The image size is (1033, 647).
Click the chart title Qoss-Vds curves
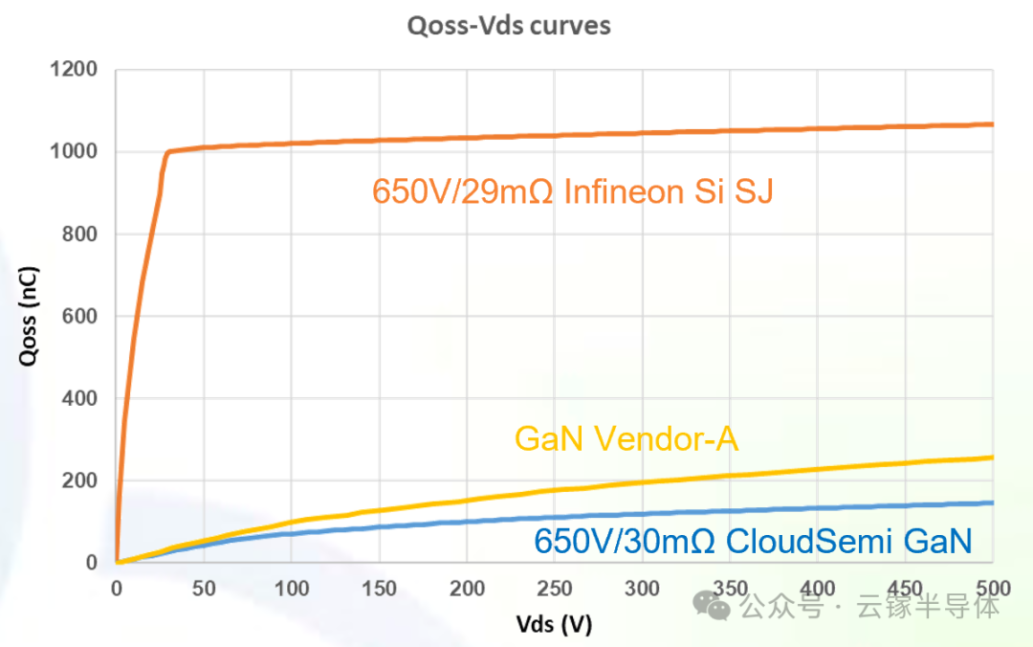pos(509,26)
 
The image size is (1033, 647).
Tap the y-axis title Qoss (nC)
pos(29,316)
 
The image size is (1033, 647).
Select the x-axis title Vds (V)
pos(554,623)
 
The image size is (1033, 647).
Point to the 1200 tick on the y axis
pos(74,69)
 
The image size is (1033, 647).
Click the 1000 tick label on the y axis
pos(74,151)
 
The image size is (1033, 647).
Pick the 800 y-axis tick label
pos(79,234)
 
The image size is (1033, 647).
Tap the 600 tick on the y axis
pos(79,316)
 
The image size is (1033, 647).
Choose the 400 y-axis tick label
pos(79,398)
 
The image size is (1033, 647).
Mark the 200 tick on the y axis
pos(79,480)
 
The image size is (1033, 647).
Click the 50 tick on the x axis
pos(204,589)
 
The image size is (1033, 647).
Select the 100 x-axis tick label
pos(292,589)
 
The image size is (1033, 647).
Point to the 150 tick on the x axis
pos(380,589)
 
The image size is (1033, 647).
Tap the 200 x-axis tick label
pos(467,589)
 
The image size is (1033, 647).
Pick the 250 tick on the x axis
pos(555,589)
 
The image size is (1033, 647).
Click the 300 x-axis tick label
pos(643,589)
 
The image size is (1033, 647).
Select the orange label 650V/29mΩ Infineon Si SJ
pos(573,192)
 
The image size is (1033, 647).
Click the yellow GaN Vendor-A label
pos(626,438)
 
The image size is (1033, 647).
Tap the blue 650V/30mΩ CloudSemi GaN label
pos(753,542)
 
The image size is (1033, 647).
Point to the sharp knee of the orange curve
pos(167,153)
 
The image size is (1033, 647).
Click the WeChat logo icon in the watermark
pos(712,605)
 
